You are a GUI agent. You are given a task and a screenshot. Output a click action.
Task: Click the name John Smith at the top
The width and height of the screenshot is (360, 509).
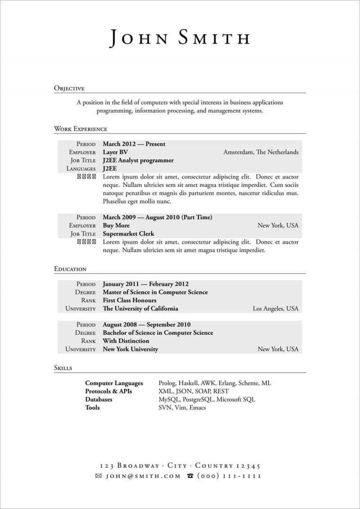[180, 38]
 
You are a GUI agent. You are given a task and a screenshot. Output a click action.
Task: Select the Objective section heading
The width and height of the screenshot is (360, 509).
[69, 88]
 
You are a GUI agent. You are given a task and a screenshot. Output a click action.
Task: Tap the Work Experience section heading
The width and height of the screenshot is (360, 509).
[81, 129]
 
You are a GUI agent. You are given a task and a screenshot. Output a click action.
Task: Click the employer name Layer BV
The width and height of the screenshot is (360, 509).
[115, 152]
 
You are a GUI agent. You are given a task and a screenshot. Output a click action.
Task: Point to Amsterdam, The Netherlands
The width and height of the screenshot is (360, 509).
[261, 152]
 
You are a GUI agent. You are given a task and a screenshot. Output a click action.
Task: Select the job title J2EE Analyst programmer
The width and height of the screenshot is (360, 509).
[138, 160]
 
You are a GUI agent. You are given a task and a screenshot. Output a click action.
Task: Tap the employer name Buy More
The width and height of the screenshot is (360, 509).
[116, 225]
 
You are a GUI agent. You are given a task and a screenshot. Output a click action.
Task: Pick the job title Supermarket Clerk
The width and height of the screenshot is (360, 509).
[128, 234]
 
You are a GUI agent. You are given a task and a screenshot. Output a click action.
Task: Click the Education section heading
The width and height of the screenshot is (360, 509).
[70, 269]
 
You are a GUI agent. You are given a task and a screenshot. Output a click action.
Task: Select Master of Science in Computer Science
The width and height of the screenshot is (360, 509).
[155, 292]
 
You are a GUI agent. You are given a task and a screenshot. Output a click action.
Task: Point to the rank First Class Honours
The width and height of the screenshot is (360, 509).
[130, 300]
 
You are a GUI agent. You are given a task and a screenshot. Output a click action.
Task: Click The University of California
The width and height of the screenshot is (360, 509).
[140, 309]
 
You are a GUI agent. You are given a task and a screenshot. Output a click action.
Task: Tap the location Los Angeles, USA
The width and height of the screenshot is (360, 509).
[275, 309]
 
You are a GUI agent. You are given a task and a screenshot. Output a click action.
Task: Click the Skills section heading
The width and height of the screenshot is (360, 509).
[63, 368]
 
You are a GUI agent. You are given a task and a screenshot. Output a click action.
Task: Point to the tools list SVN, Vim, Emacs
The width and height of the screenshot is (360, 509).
[182, 407]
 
